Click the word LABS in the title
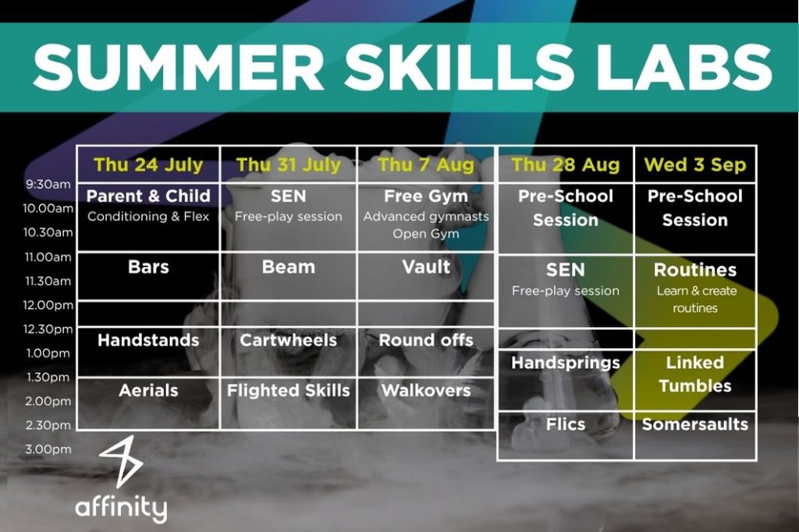click(684, 68)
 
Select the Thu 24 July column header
click(148, 165)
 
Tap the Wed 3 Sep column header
click(695, 165)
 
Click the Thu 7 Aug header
click(426, 165)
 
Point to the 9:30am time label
click(48, 184)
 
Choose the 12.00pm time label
click(48, 305)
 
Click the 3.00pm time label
click(48, 449)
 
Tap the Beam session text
click(289, 267)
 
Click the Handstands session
click(148, 340)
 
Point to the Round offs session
click(426, 340)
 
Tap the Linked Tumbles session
click(695, 374)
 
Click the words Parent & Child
click(148, 196)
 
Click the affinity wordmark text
click(121, 508)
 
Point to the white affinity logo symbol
click(121, 461)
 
